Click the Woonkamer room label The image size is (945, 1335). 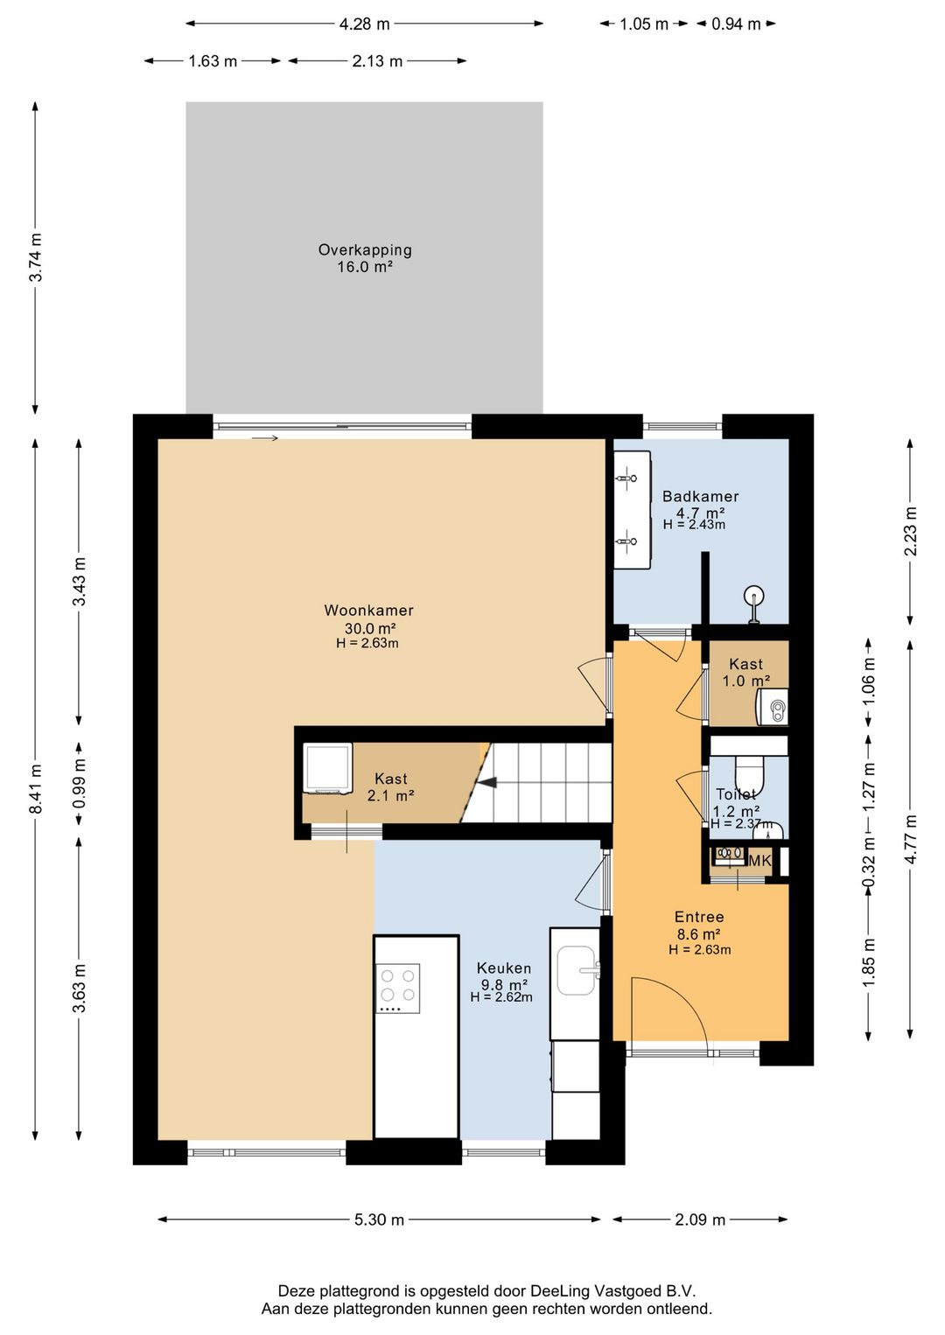pos(368,611)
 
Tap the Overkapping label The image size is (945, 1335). pos(365,249)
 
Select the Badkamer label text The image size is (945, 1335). pos(700,496)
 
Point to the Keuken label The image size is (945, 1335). pos(504,968)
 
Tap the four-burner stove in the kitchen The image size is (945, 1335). pos(397,989)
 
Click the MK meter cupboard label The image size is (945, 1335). pos(759,861)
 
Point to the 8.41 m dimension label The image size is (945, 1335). pos(37,788)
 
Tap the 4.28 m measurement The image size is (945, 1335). pos(364,24)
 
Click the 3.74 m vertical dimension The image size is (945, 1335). pos(37,257)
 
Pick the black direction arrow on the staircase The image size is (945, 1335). pos(487,782)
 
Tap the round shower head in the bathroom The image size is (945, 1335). pos(754,595)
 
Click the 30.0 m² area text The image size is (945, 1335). pos(370,628)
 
